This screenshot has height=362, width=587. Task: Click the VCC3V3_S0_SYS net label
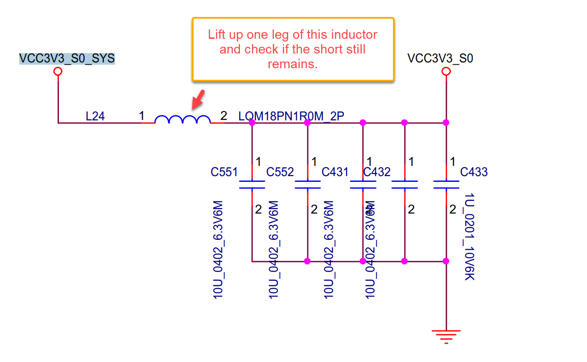(x=67, y=59)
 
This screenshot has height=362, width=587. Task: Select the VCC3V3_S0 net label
(x=440, y=59)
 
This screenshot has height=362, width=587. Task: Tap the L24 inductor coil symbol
(x=182, y=119)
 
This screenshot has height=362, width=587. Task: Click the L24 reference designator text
(x=95, y=117)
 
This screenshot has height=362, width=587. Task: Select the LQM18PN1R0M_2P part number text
(x=291, y=117)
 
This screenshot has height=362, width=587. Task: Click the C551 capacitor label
(x=224, y=172)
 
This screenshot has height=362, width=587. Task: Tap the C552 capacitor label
(x=280, y=172)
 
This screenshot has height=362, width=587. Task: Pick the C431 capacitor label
(x=335, y=172)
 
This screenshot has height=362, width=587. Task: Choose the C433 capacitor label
(x=474, y=172)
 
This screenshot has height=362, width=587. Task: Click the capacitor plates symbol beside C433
(x=446, y=185)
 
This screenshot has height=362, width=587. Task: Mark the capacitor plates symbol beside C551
(x=252, y=185)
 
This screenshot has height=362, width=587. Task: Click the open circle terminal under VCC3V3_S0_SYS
(x=58, y=72)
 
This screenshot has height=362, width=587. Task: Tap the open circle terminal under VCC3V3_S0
(x=446, y=72)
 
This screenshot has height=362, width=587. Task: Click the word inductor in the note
(x=354, y=35)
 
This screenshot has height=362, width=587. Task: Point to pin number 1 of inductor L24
(x=141, y=116)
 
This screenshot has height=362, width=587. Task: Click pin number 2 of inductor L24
(x=223, y=116)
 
